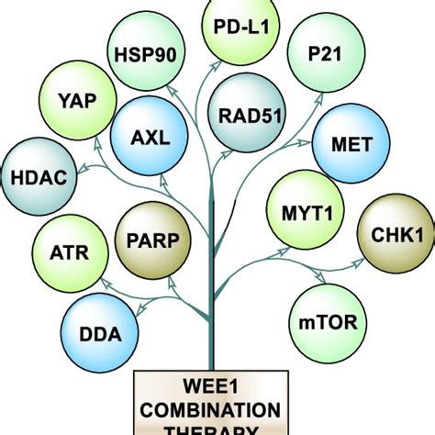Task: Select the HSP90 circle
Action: [x=143, y=53]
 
